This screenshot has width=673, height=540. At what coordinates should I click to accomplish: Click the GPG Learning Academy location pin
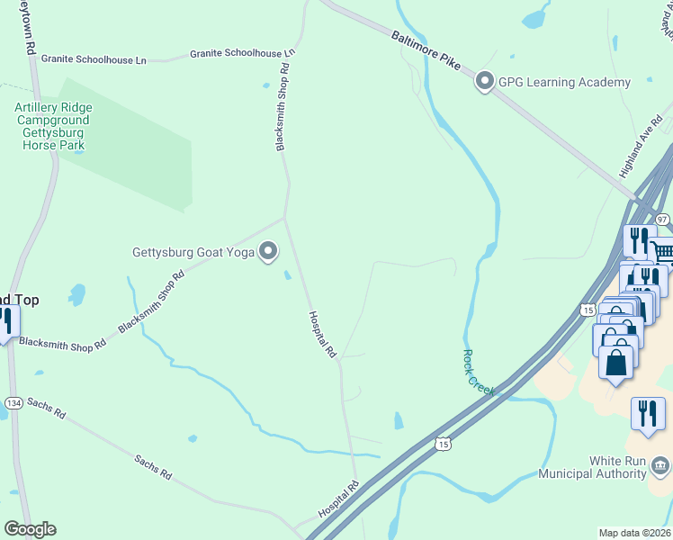coord(485,83)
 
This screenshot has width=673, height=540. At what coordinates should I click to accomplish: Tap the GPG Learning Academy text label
coord(565,83)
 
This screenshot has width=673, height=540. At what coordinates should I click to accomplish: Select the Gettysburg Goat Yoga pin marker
coord(268,252)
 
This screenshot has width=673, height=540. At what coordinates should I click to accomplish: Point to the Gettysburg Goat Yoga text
coord(193,252)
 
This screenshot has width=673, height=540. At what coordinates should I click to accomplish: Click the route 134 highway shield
coord(13,402)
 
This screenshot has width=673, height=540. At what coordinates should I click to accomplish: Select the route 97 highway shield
coord(662,220)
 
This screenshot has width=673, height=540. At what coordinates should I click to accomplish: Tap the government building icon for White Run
coord(660,465)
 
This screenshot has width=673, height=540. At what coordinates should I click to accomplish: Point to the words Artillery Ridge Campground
coord(53,113)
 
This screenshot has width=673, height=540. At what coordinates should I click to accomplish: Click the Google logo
coord(30,529)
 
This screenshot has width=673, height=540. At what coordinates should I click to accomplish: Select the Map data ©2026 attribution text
coord(634,532)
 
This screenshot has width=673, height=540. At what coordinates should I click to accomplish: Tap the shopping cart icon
coord(663,253)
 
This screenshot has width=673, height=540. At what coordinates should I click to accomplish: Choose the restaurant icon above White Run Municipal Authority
coord(648,413)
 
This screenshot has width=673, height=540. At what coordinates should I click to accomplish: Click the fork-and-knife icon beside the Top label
coord(5,321)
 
